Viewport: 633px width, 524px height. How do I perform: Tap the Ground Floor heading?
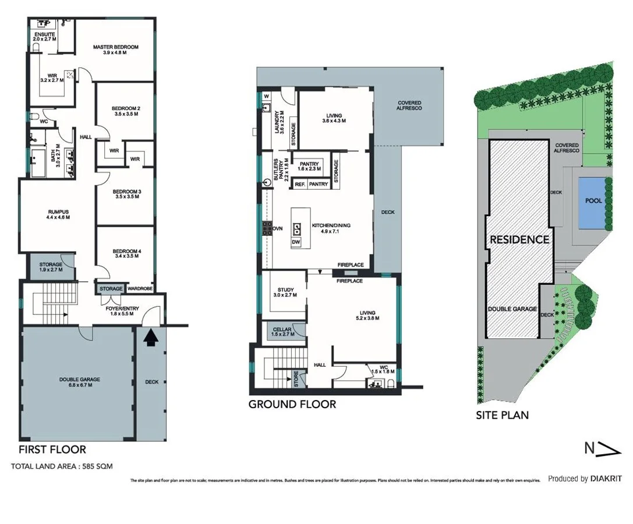292,404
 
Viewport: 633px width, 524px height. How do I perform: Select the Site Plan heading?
502,415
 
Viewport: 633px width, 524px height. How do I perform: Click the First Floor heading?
52,449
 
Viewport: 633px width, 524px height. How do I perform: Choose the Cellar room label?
283,332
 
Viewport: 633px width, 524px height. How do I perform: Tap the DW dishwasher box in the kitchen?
296,241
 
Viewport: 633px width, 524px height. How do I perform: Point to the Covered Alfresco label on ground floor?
409,105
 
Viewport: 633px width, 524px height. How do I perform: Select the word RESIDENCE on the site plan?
519,239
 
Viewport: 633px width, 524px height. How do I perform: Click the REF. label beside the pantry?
300,185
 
